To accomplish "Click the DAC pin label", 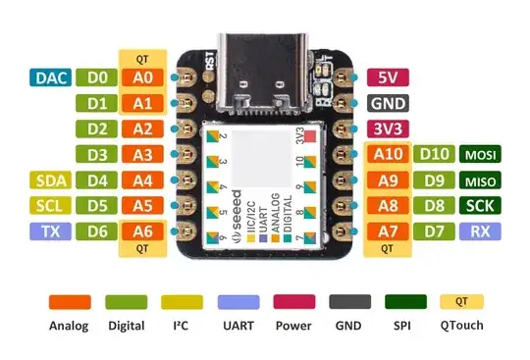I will click(x=49, y=77).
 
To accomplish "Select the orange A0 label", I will click(x=141, y=77).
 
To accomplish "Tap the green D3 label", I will click(x=97, y=154).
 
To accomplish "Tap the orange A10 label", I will click(x=388, y=154).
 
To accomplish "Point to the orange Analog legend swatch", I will click(x=70, y=302).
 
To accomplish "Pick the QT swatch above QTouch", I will click(x=460, y=302).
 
